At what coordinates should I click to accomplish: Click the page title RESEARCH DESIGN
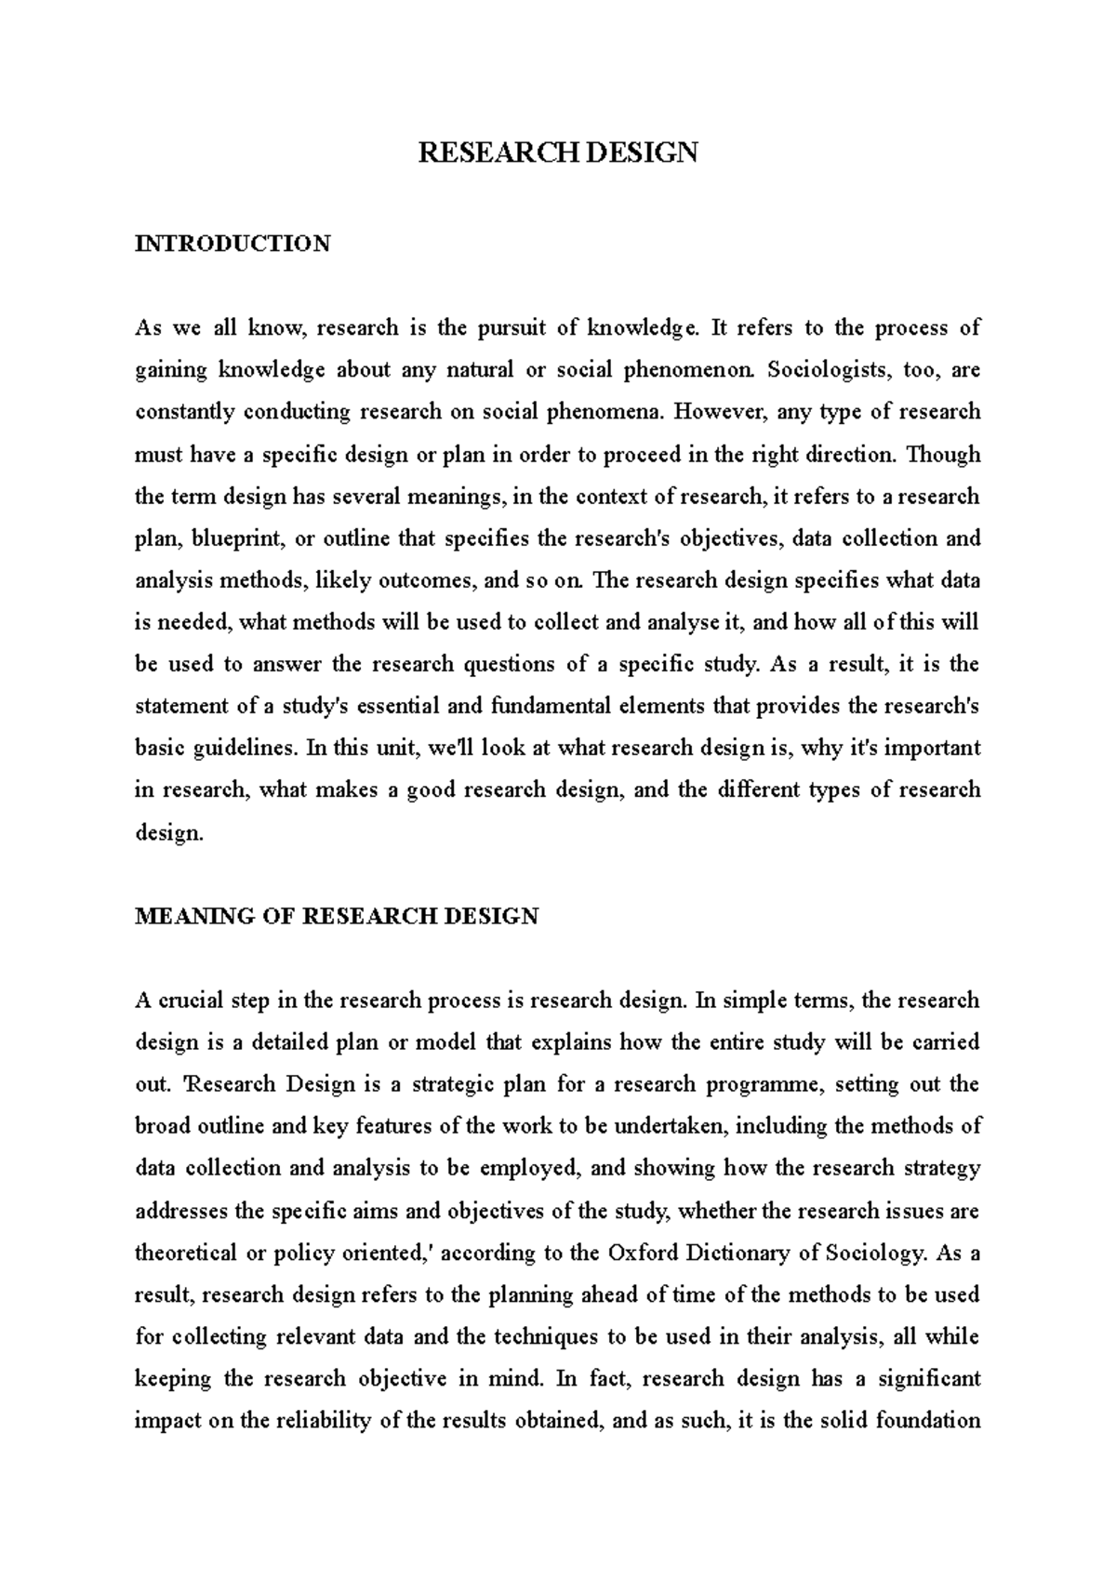tap(557, 153)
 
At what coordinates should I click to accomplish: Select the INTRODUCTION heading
tap(232, 244)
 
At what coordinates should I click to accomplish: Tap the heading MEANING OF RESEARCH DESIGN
tap(337, 916)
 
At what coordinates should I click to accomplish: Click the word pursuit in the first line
tap(510, 328)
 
